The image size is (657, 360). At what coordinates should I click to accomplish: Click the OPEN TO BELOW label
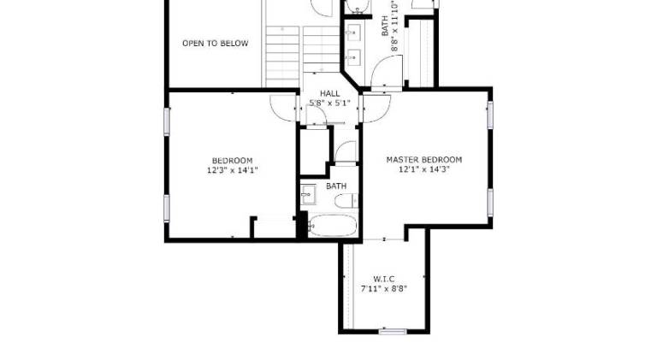pyautogui.click(x=216, y=43)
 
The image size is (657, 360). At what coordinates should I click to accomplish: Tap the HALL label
pyautogui.click(x=330, y=93)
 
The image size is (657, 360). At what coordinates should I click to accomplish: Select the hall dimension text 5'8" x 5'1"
pyautogui.click(x=329, y=103)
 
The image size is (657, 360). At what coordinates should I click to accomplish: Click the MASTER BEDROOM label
pyautogui.click(x=424, y=160)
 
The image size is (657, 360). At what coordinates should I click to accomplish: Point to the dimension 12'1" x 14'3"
pyautogui.click(x=424, y=169)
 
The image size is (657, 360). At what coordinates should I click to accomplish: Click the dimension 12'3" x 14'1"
pyautogui.click(x=232, y=170)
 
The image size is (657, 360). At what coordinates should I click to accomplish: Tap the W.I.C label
pyautogui.click(x=384, y=279)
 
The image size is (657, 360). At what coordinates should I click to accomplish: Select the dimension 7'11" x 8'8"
pyautogui.click(x=384, y=288)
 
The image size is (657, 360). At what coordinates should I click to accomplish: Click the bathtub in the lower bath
pyautogui.click(x=333, y=226)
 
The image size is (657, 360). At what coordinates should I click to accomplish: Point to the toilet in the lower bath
pyautogui.click(x=346, y=201)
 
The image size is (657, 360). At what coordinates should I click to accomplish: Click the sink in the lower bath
pyautogui.click(x=308, y=195)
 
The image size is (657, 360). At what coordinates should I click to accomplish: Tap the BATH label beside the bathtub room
pyautogui.click(x=336, y=186)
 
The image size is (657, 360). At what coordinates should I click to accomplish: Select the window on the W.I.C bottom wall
pyautogui.click(x=393, y=332)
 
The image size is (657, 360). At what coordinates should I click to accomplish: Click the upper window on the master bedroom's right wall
pyautogui.click(x=490, y=115)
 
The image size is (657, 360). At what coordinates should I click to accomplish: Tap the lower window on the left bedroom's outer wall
pyautogui.click(x=166, y=208)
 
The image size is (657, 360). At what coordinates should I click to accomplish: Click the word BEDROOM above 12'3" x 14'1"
pyautogui.click(x=232, y=161)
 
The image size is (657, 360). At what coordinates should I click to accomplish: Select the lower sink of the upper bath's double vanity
pyautogui.click(x=354, y=56)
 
